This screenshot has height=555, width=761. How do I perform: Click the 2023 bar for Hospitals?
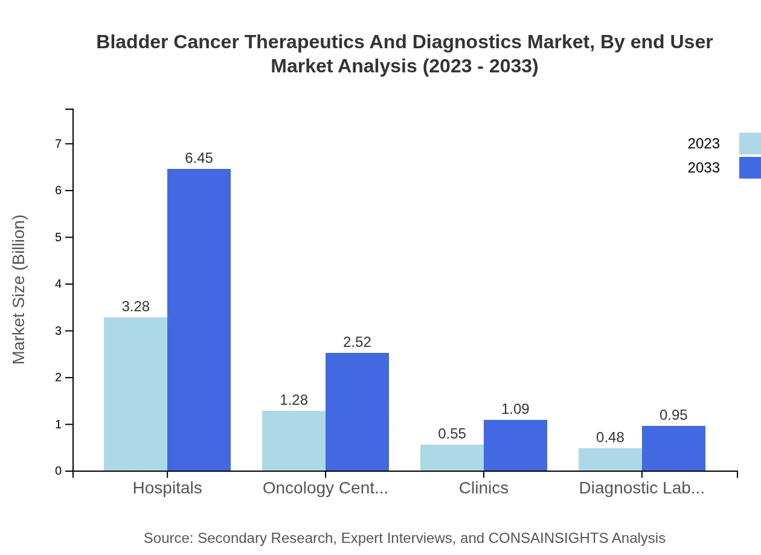pos(135,394)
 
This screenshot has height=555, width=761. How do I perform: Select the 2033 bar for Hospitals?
pos(199,320)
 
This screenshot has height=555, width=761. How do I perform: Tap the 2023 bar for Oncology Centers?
pos(294,440)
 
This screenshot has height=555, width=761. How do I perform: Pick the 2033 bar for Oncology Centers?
pos(357,411)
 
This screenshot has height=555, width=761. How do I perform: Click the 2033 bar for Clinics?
pos(515,445)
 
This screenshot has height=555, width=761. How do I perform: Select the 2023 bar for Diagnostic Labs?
pos(610,459)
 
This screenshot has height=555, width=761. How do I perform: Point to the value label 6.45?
pos(199,158)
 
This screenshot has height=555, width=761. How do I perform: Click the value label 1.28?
pos(294,400)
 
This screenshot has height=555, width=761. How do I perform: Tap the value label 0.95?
pos(673,415)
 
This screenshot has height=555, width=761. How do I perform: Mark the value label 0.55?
pos(452,434)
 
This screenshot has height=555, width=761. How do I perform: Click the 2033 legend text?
pos(704,168)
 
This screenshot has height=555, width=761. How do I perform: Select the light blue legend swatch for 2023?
pos(750,144)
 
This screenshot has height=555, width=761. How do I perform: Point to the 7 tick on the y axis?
pos(59,144)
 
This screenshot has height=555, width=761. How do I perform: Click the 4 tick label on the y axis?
pos(59,284)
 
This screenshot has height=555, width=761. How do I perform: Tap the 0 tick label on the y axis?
pos(59,471)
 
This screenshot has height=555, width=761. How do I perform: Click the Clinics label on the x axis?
pos(484,487)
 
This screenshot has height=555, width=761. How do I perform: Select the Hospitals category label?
pos(167,487)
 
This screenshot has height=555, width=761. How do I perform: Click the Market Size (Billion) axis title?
pos(19,290)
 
